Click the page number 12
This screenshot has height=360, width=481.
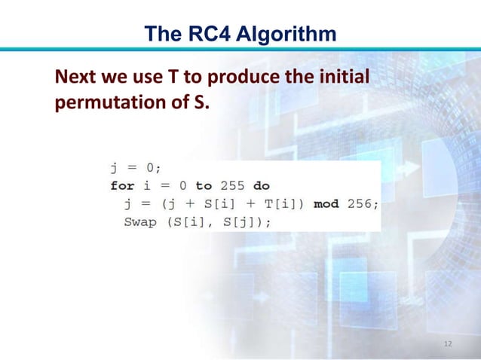click(x=448, y=343)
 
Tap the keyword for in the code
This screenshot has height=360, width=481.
click(x=122, y=185)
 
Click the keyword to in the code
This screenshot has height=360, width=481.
click(x=204, y=185)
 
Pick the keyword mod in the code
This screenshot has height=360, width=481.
click(x=326, y=203)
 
